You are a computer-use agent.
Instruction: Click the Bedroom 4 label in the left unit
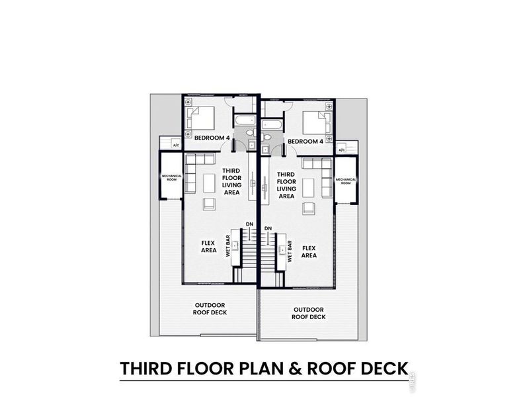coord(212,138)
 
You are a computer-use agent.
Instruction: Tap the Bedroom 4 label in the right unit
coord(305,141)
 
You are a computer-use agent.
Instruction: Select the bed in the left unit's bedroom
coord(200,118)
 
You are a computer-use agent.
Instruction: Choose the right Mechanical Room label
coord(345,181)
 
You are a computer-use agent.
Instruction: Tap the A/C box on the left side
coord(176,145)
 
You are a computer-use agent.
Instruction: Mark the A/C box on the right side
coord(342,151)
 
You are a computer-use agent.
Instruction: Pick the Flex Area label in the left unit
coord(208,246)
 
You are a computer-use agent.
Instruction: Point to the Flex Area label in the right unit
coord(308,251)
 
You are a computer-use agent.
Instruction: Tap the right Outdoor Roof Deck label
coord(308,312)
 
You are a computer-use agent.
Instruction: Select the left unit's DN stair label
coord(249,224)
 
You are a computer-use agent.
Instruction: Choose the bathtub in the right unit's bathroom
coord(272,125)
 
